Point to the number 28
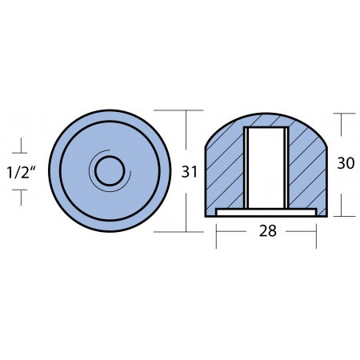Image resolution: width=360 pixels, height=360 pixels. [266, 231]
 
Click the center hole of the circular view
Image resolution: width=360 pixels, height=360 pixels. [109, 170]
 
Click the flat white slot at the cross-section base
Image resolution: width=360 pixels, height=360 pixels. [266, 212]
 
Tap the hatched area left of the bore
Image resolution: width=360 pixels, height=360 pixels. [226, 172]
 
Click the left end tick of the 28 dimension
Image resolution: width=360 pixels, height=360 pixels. [216, 232]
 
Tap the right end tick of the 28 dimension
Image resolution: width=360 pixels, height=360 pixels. [317, 232]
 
